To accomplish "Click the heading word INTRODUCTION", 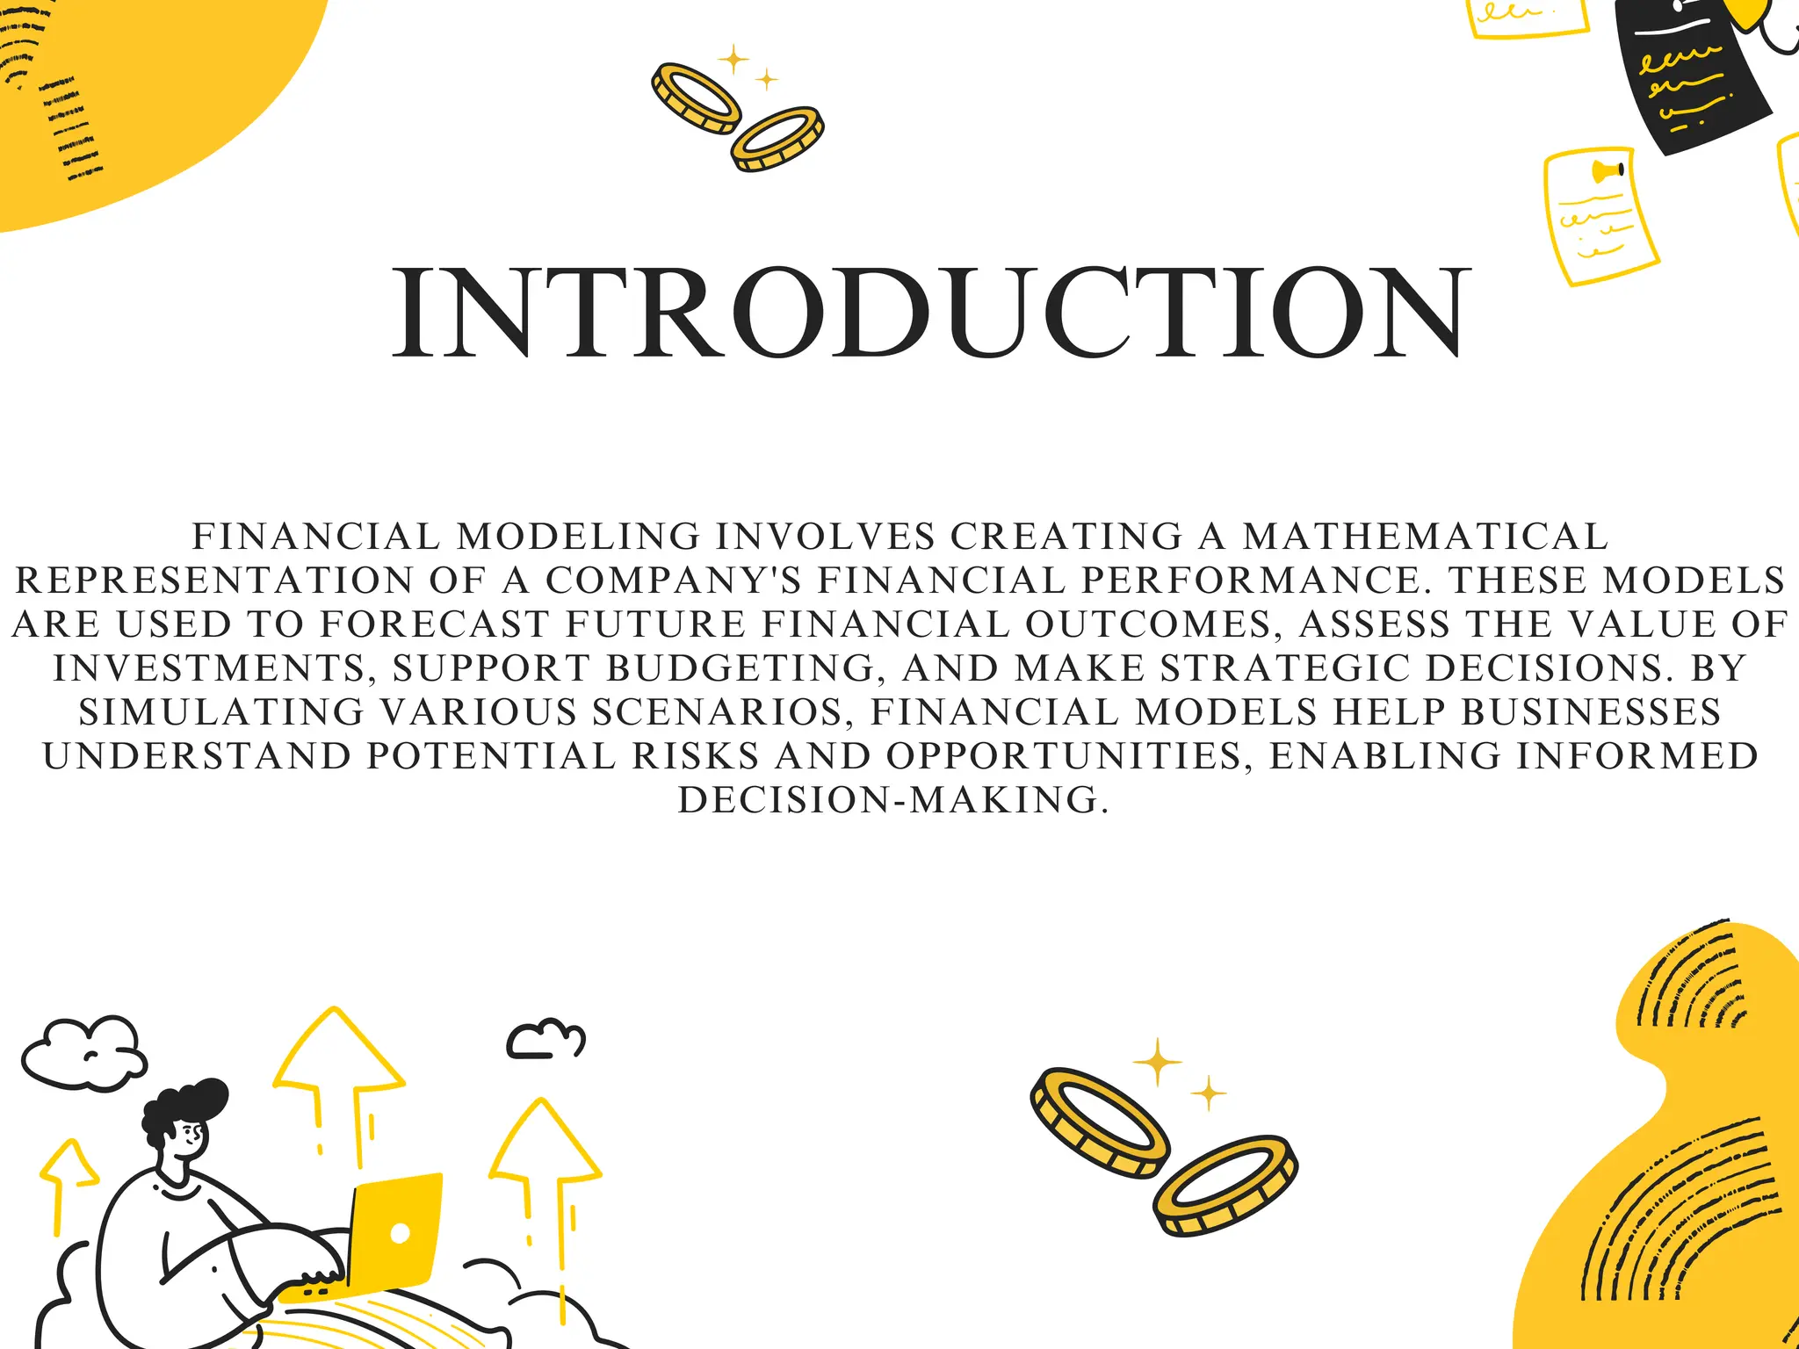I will [x=931, y=313].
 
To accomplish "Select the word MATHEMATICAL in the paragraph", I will [x=1425, y=537].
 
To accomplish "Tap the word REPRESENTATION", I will [x=214, y=581].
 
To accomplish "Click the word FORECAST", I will [x=434, y=624].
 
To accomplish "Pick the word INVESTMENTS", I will [x=209, y=668].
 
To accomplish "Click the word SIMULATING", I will [x=221, y=712].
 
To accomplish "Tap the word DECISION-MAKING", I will [x=892, y=800].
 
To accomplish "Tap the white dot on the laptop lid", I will [x=400, y=1233].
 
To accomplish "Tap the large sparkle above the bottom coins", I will [x=1157, y=1062].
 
